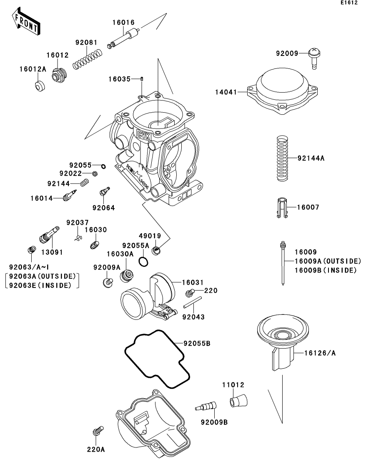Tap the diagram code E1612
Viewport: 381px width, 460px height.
pyautogui.click(x=349, y=3)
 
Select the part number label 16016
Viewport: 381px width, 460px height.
pyautogui.click(x=123, y=22)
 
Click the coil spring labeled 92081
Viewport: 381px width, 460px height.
pyautogui.click(x=88, y=59)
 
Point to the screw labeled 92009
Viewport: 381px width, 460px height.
pyautogui.click(x=314, y=58)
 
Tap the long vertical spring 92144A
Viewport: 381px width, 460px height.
pyautogui.click(x=283, y=159)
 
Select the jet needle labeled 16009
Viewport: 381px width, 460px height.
pyautogui.click(x=283, y=263)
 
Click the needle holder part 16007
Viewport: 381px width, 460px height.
pyautogui.click(x=282, y=208)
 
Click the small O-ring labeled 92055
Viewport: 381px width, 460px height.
pyautogui.click(x=103, y=167)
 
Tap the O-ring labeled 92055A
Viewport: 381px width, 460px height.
pyautogui.click(x=143, y=261)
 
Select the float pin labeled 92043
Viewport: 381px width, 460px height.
pyautogui.click(x=193, y=302)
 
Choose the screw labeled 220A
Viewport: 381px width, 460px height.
pyautogui.click(x=98, y=431)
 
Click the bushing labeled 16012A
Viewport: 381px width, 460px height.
pyautogui.click(x=40, y=85)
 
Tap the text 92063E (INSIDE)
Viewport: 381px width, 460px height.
pyautogui.click(x=40, y=285)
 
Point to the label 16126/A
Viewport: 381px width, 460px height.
pyautogui.click(x=320, y=353)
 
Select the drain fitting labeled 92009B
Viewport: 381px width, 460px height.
pyautogui.click(x=206, y=406)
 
